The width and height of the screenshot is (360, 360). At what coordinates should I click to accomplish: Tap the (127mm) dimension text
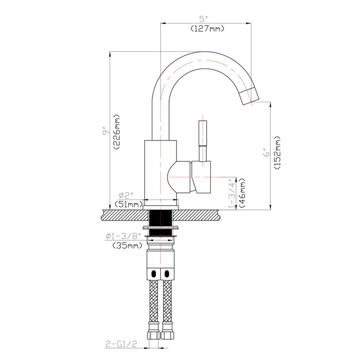207,29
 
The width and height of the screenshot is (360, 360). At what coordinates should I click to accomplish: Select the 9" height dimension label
105,132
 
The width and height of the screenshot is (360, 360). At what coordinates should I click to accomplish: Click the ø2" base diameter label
126,195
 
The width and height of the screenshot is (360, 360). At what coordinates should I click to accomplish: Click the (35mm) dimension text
127,246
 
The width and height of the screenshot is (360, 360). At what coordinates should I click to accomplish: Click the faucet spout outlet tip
251,95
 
